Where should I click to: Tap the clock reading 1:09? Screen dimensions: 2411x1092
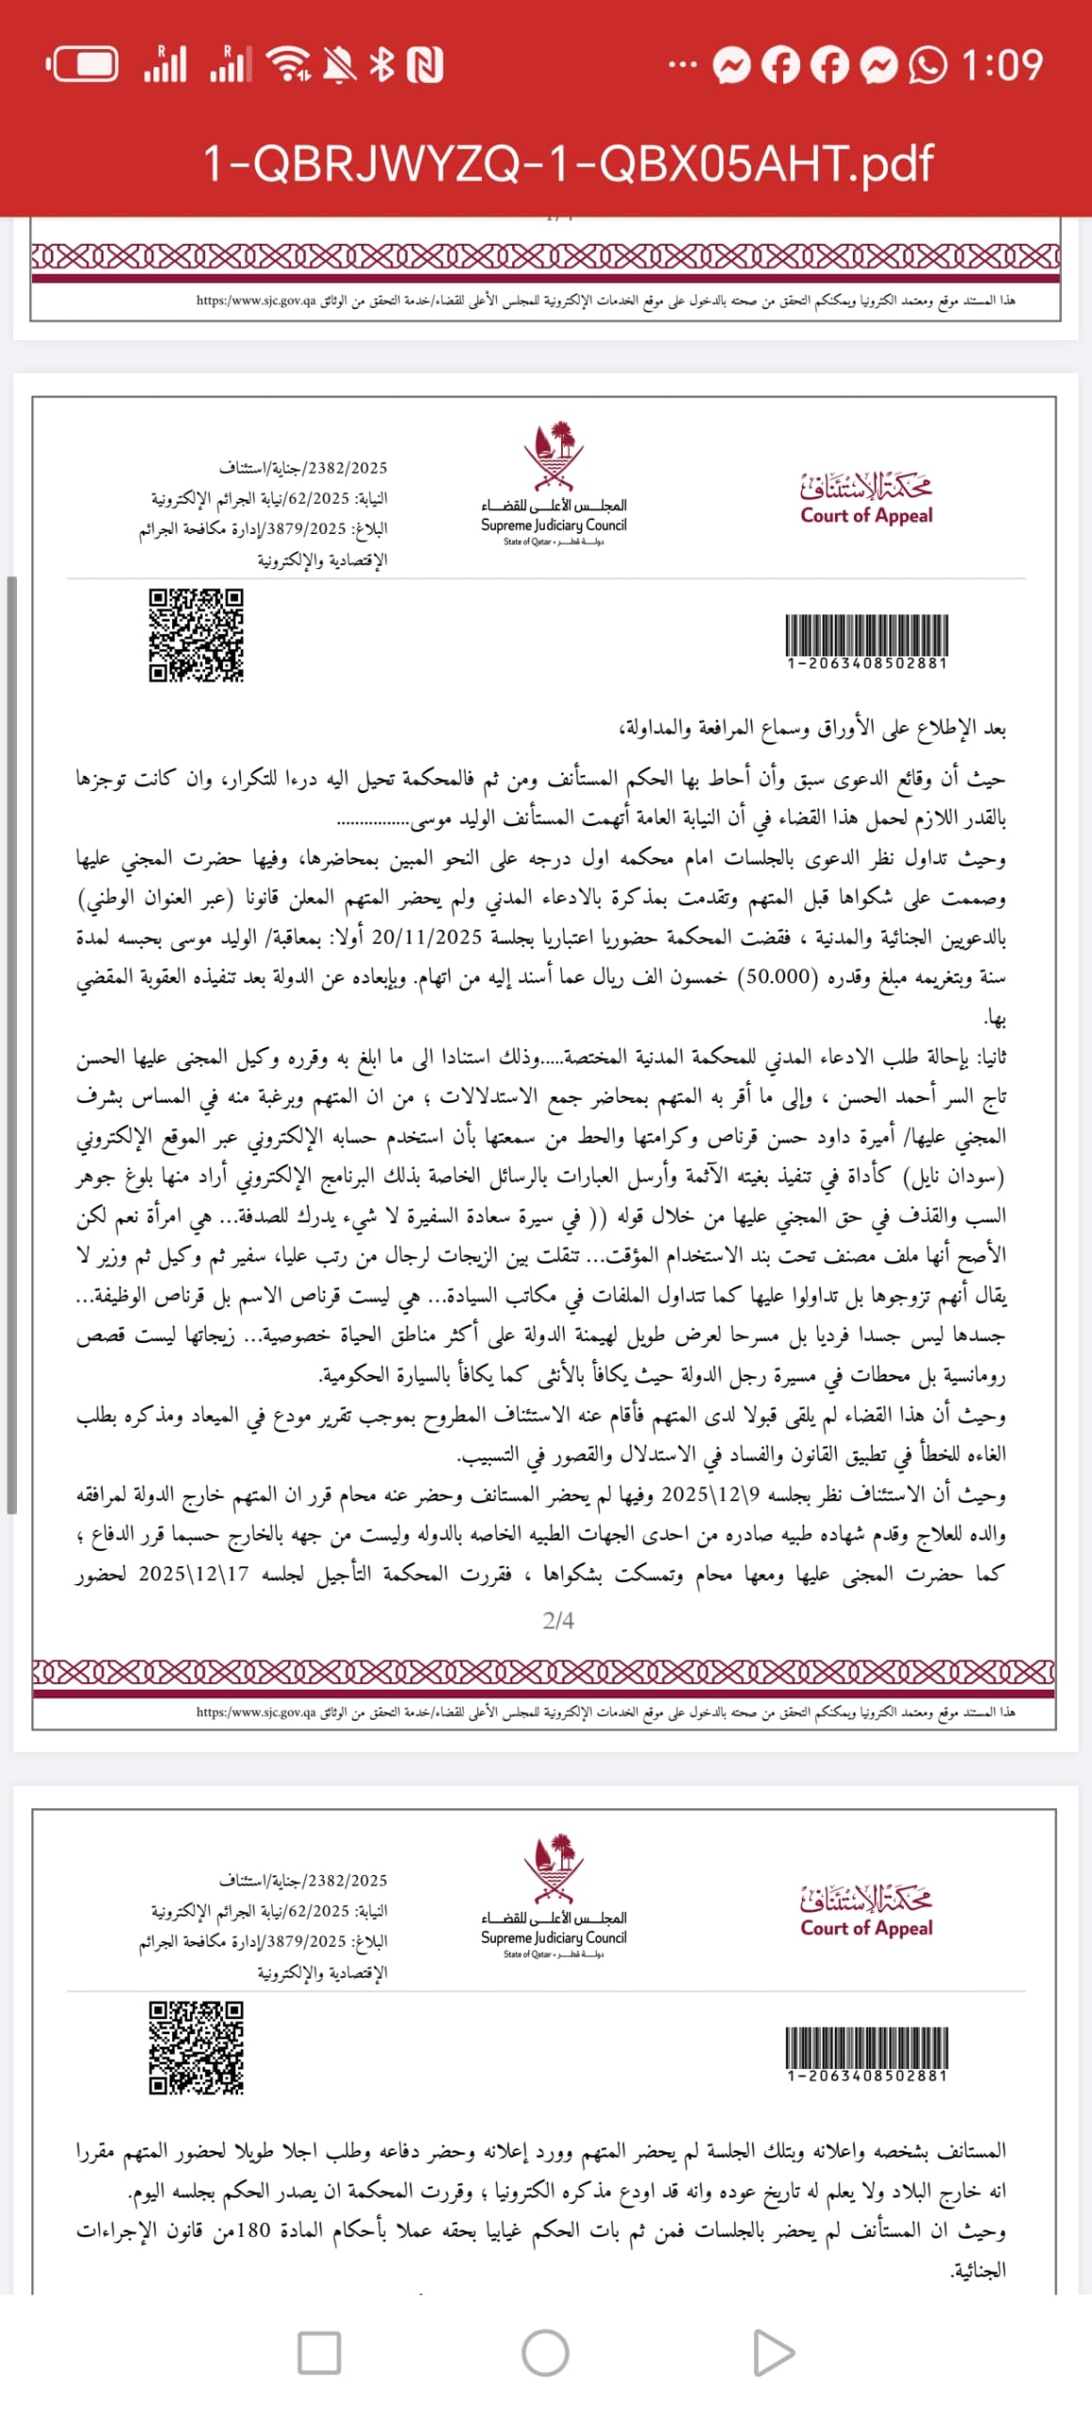[1002, 65]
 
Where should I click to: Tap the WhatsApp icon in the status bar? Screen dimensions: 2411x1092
[927, 65]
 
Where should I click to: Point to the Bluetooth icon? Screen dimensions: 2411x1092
[381, 65]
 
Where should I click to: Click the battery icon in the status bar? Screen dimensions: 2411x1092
[83, 65]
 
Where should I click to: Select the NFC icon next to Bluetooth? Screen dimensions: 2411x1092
[425, 65]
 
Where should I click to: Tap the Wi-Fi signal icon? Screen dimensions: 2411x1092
[289, 65]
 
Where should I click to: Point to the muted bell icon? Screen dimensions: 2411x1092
[340, 65]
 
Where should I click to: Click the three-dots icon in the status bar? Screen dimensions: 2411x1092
[682, 65]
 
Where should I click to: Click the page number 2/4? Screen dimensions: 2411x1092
[558, 1620]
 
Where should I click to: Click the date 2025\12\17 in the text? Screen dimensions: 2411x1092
[194, 1574]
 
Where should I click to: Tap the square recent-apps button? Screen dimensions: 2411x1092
[319, 2353]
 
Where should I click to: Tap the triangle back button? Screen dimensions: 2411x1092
[773, 2353]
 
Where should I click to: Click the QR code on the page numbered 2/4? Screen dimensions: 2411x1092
[196, 635]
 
